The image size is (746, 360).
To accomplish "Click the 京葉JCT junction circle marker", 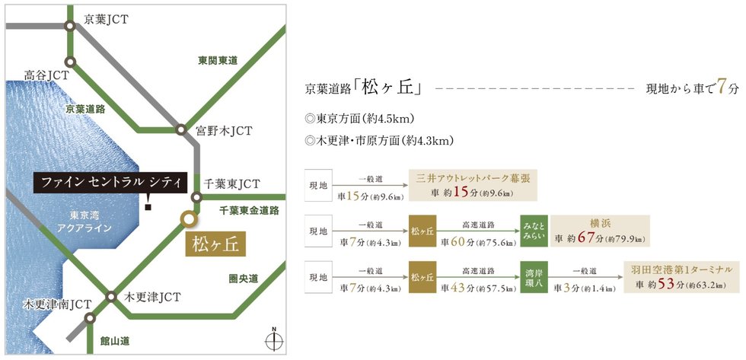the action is (x=70, y=27).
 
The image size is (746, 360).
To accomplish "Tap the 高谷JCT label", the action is (x=47, y=75).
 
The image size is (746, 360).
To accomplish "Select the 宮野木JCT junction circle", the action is (x=180, y=129).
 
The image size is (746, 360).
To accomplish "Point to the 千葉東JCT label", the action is (x=231, y=183).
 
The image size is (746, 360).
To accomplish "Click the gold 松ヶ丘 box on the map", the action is (x=215, y=245).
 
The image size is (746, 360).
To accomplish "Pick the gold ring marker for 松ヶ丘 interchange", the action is (x=189, y=218).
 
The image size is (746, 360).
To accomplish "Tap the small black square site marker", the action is (x=148, y=207).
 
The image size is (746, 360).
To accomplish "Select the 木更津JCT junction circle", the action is (x=111, y=297).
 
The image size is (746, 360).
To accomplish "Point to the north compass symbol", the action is (x=274, y=339).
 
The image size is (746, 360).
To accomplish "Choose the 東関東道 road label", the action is (x=218, y=61).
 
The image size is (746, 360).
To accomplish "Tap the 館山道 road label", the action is (x=115, y=341).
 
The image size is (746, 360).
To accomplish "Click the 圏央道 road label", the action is (x=244, y=279).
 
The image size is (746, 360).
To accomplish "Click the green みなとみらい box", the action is (x=534, y=231).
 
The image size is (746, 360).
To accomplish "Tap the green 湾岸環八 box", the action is (x=534, y=277).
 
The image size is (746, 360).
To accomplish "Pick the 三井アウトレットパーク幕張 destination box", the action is (x=473, y=184).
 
